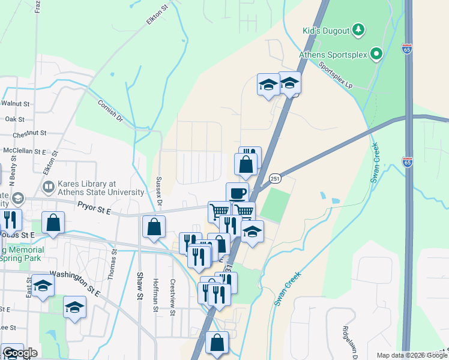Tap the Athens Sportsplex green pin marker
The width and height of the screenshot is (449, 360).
[x=376, y=55]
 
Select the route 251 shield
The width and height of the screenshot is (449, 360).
[x=275, y=178]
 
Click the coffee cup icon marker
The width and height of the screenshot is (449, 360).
[x=237, y=193]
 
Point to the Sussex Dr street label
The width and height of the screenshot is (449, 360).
[x=159, y=191]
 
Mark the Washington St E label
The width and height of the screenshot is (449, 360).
[x=73, y=276]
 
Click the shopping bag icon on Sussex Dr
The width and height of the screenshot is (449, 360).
[x=154, y=226]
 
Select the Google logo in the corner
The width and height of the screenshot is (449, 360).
[x=20, y=353]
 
